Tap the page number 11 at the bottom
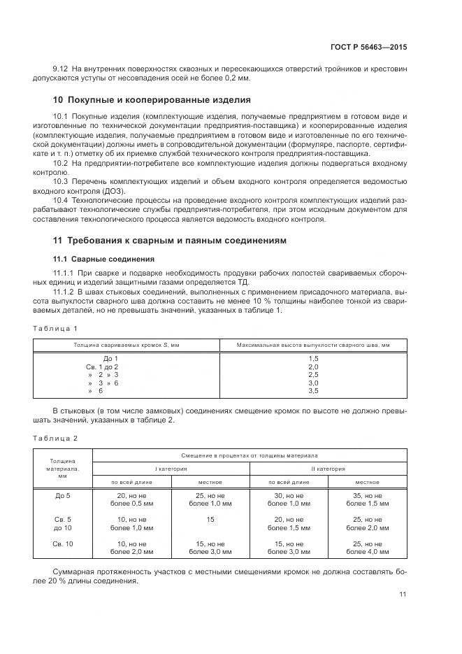click(403, 594)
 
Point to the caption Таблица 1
click(56, 327)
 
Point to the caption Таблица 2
click(56, 437)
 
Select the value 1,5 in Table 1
click(313, 357)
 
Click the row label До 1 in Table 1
click(110, 357)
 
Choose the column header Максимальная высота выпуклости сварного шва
click(313, 344)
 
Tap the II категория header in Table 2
click(327, 468)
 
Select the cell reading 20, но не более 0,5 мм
click(132, 499)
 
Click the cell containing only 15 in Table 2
click(210, 519)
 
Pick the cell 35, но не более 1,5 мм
click(367, 499)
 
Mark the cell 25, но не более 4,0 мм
click(367, 548)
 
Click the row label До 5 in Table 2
click(63, 495)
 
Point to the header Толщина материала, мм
click(63, 468)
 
